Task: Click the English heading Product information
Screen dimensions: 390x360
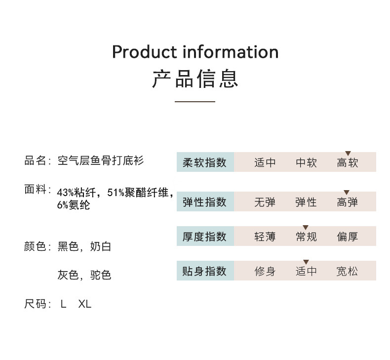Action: [195, 52]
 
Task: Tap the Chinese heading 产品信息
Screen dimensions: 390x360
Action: [195, 80]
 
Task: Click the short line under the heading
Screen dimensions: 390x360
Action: [195, 101]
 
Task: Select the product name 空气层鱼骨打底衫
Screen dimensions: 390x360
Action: [101, 161]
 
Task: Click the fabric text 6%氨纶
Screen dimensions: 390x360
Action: [74, 205]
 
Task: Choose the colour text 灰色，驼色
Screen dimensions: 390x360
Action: [84, 275]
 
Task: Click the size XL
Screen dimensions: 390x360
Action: [85, 304]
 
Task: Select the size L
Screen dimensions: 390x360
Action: [63, 304]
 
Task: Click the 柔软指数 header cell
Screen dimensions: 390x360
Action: [205, 162]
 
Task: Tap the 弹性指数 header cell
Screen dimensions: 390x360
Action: [205, 202]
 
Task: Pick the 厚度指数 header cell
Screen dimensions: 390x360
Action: [205, 237]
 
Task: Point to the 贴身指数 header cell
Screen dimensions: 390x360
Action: [205, 271]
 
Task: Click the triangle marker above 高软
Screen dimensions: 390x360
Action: [348, 154]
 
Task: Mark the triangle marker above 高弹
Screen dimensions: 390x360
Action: [347, 193]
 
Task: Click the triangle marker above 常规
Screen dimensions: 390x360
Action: [306, 228]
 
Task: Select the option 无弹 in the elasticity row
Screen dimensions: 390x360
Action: [265, 202]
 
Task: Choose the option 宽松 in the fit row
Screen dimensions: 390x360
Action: [348, 271]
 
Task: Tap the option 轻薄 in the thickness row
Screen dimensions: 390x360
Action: [265, 237]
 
